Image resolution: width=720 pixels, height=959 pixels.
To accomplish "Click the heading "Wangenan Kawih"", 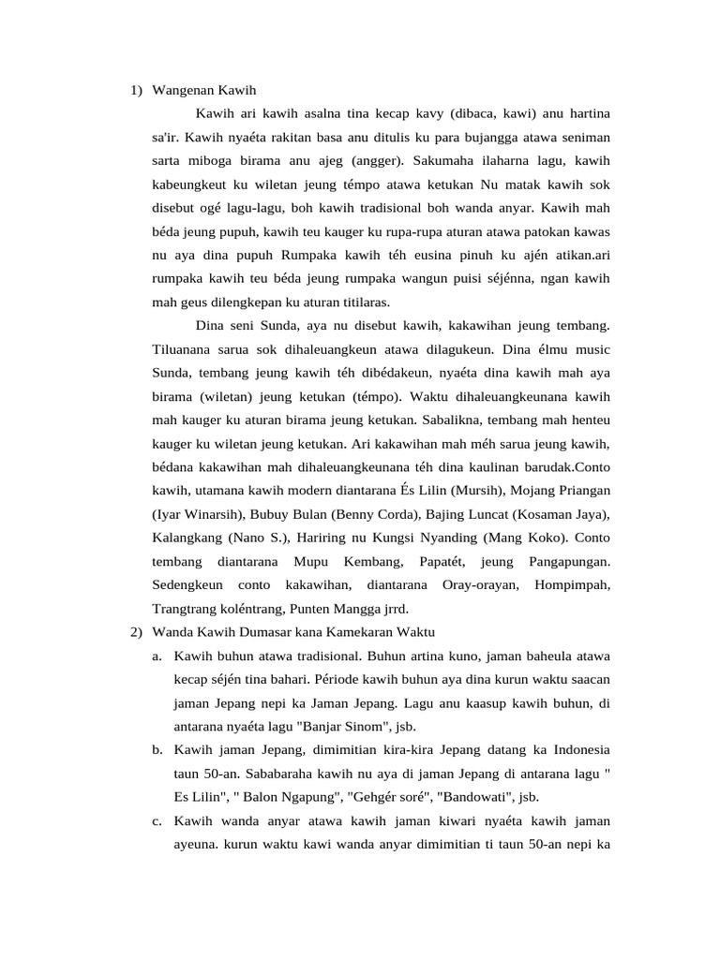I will [x=203, y=90].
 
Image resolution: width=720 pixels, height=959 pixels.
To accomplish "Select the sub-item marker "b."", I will [x=156, y=749].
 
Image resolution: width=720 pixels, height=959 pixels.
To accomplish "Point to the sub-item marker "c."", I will [x=156, y=821].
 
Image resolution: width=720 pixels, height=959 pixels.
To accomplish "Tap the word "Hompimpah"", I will [x=571, y=584].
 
